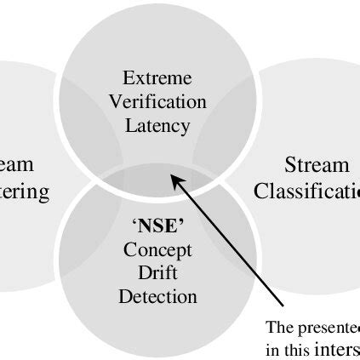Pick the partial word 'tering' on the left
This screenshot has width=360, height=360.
pyautogui.click(x=25, y=191)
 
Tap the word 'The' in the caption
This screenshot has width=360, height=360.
pyautogui.click(x=278, y=327)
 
